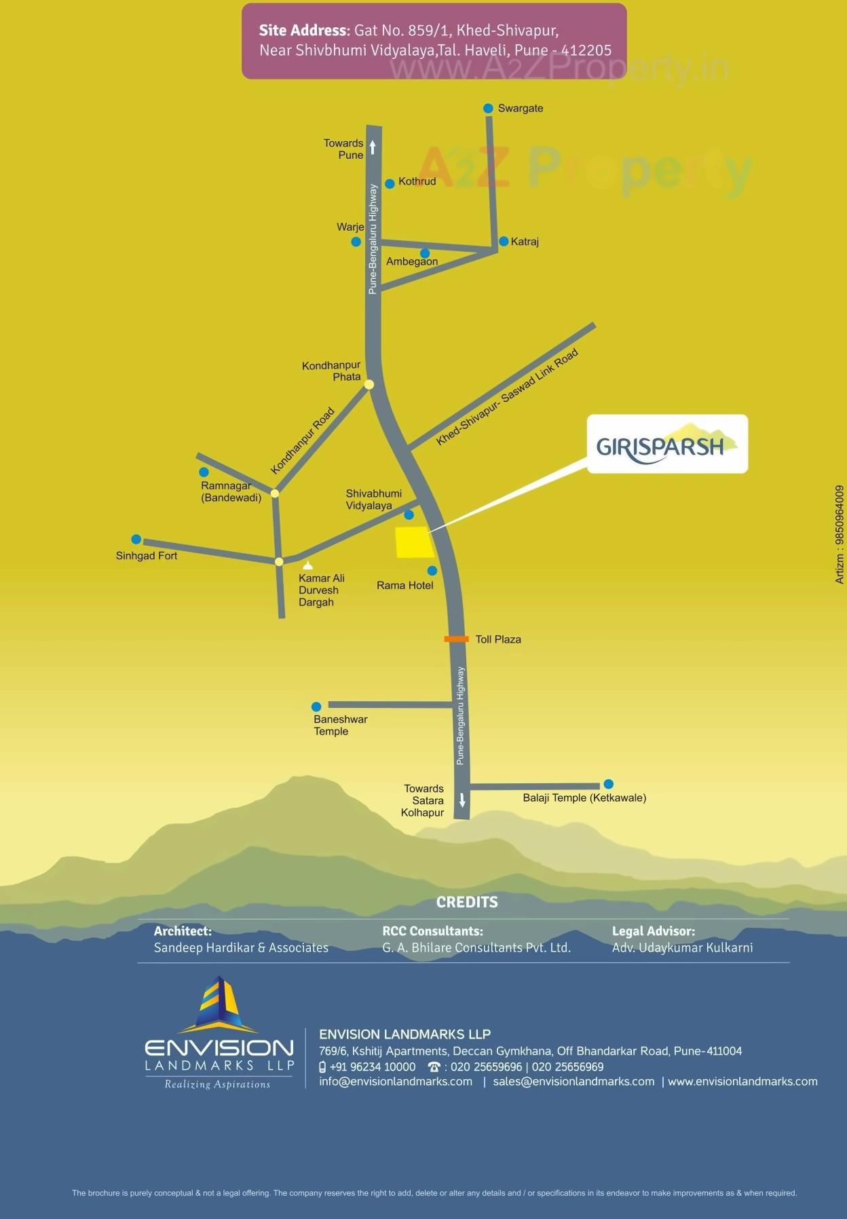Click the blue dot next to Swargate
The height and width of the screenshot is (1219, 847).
coord(488,109)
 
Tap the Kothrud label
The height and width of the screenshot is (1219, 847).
coord(417,181)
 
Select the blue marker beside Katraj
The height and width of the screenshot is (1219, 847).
coord(504,242)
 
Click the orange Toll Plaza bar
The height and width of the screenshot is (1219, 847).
coord(456,639)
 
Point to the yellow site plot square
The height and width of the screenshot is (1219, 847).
coord(414,542)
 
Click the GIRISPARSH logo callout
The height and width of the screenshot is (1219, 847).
coord(666,444)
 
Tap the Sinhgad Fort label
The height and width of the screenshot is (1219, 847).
coord(146,556)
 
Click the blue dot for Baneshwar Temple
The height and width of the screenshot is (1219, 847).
coord(316,707)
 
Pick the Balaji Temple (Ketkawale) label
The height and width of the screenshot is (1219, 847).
coord(584,798)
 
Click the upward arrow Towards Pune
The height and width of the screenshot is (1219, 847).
coord(373,147)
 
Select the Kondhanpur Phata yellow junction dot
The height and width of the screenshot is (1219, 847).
coord(369,385)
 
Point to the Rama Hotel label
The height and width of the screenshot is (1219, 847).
coord(404,585)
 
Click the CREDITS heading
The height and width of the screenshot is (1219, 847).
coord(466,902)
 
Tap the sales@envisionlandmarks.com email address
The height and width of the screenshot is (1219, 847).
coord(573,1081)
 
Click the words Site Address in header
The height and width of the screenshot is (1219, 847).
coord(302,31)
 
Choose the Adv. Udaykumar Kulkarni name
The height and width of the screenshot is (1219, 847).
coord(682,948)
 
